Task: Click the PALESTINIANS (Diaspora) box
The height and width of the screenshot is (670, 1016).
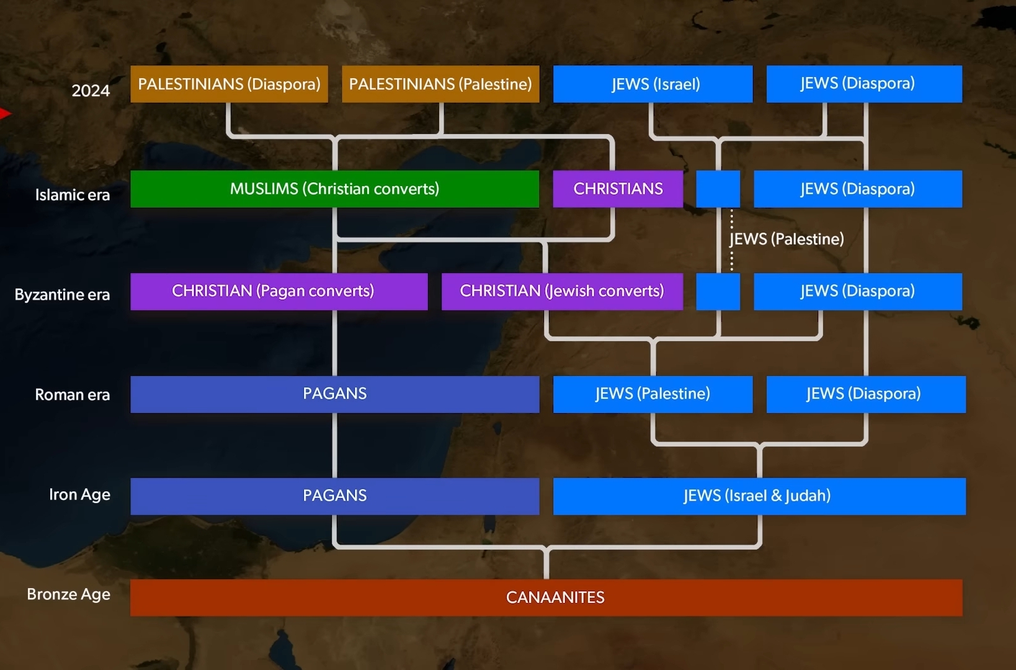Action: click(x=229, y=84)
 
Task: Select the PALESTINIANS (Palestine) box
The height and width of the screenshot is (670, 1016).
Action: click(x=440, y=84)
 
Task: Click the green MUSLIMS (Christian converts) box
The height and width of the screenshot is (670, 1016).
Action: click(x=334, y=189)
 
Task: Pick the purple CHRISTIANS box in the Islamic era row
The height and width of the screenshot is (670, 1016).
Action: click(x=618, y=189)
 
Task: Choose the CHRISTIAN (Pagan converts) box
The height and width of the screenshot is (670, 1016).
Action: click(x=279, y=291)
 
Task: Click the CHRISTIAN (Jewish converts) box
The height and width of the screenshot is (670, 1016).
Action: click(x=562, y=291)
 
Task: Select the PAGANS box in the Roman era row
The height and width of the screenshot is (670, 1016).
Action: click(x=334, y=394)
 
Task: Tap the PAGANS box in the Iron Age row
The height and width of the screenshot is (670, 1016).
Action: click(x=334, y=496)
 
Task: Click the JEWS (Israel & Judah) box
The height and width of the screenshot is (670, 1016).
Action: click(x=759, y=496)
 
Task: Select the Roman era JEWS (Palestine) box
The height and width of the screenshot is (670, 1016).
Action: click(x=653, y=394)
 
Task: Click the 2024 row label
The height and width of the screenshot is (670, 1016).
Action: click(x=91, y=91)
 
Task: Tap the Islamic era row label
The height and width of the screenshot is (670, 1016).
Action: click(x=73, y=195)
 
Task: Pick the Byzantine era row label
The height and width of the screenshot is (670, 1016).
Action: click(x=62, y=295)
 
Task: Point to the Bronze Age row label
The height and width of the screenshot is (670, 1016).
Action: click(x=68, y=594)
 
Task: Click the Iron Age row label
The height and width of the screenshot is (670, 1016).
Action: click(x=79, y=494)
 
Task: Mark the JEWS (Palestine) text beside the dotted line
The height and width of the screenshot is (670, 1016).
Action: click(x=787, y=239)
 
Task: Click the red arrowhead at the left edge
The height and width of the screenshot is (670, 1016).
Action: click(x=5, y=114)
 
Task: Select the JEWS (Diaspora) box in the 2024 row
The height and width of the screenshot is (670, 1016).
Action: click(x=864, y=84)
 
